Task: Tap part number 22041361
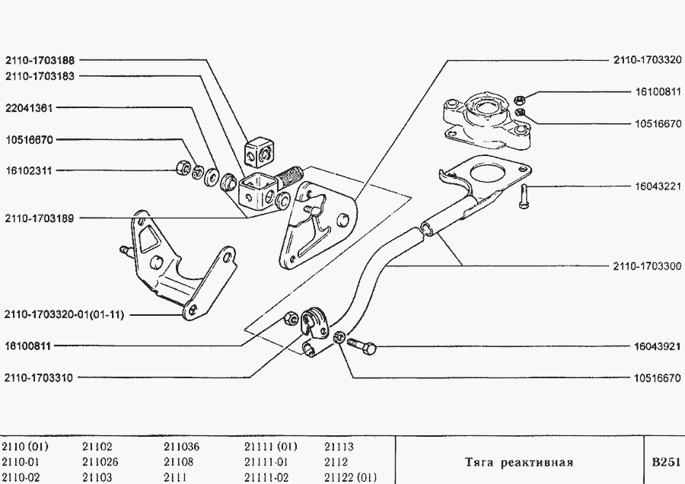[x=29, y=108]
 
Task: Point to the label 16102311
[x=29, y=170]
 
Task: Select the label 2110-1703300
[x=646, y=266]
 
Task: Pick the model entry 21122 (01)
[x=350, y=477]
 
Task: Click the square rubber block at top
[x=259, y=151]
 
